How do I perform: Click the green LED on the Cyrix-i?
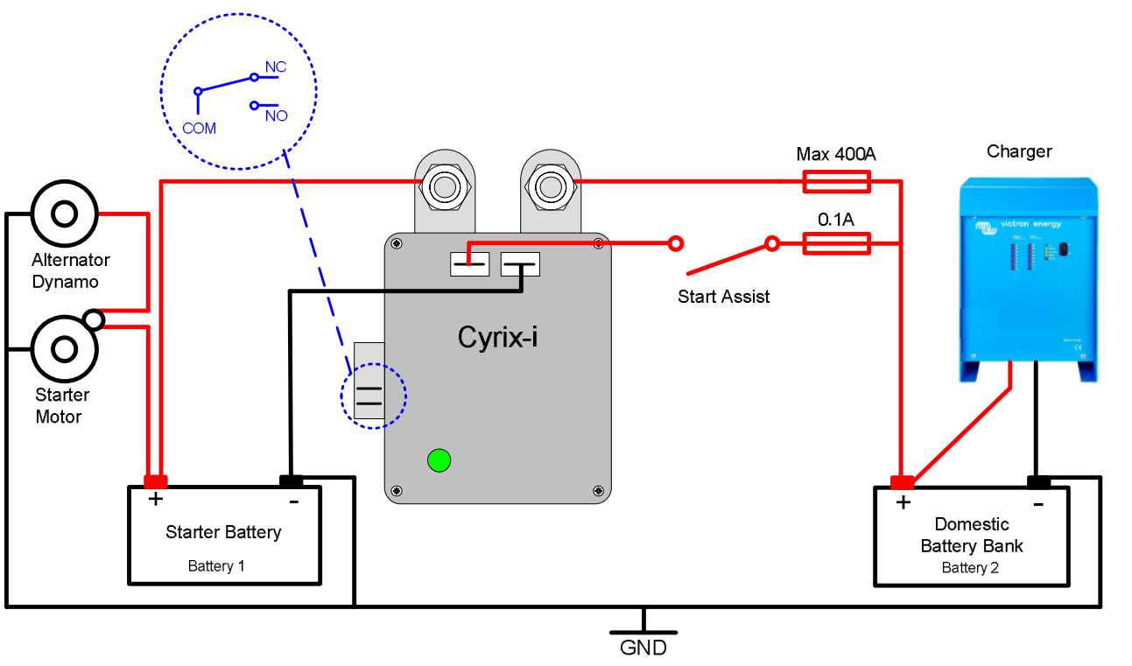click(x=439, y=459)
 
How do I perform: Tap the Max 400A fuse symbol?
click(x=836, y=181)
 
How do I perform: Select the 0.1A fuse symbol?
click(x=836, y=243)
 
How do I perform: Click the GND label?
click(x=643, y=648)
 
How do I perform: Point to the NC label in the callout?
click(x=276, y=67)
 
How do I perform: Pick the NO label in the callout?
click(x=276, y=115)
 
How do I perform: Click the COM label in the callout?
click(x=199, y=128)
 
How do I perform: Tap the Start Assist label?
click(x=723, y=297)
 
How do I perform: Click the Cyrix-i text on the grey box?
click(x=497, y=337)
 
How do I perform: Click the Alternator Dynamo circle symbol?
click(x=64, y=214)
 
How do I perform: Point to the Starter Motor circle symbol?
click(x=64, y=349)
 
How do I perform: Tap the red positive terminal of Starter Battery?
click(x=155, y=481)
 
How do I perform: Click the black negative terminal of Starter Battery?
click(x=291, y=480)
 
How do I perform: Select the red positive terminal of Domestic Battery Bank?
click(x=901, y=482)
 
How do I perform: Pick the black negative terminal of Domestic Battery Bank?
click(x=1038, y=481)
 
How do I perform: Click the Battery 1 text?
click(x=216, y=566)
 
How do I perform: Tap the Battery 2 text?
click(x=970, y=568)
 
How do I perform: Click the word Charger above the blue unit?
click(x=1019, y=151)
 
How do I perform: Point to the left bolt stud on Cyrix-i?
click(x=443, y=186)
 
